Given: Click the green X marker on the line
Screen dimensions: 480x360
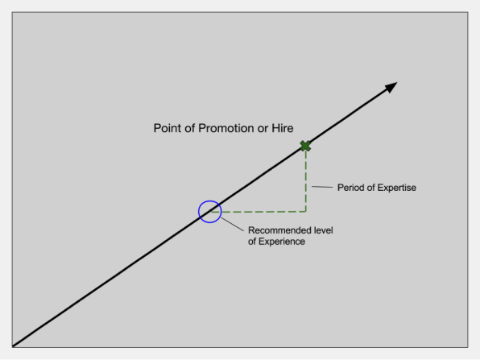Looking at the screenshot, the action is click(x=305, y=146).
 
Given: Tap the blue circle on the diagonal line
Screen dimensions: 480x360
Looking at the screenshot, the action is click(x=199, y=212).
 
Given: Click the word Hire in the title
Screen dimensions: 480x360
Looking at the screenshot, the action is click(x=283, y=128).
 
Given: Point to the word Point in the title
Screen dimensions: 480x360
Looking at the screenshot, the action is click(x=168, y=128).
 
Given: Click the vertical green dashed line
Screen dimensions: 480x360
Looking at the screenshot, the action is click(x=306, y=180).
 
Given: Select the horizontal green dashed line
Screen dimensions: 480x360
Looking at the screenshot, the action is click(x=259, y=212).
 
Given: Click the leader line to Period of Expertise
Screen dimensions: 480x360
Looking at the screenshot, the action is click(x=322, y=187).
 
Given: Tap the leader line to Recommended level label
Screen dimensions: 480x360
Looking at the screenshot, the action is click(x=233, y=225).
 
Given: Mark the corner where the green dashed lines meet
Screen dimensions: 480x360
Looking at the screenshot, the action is click(x=306, y=212).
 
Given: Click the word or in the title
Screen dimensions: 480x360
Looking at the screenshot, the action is click(x=263, y=129).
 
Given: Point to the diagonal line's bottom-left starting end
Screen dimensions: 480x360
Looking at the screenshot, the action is click(x=13, y=346).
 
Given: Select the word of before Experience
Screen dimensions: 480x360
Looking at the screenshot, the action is click(x=252, y=242).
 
